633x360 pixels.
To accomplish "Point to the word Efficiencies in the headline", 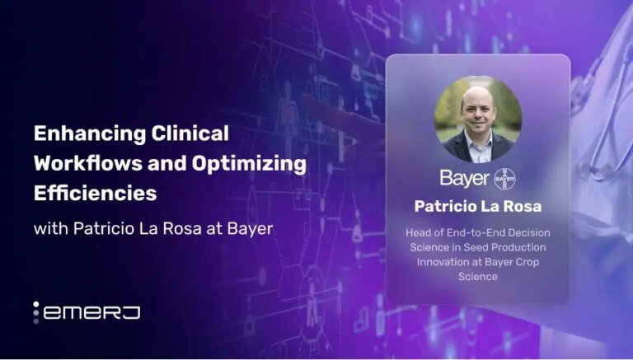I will [x=95, y=194].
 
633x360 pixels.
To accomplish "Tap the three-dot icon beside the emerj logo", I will [x=36, y=312].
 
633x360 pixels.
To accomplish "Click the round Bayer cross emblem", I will [x=505, y=179].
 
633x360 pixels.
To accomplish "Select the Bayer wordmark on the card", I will [x=466, y=179].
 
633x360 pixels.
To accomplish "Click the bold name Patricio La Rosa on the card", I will [x=477, y=205].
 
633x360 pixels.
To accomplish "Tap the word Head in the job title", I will [x=420, y=233].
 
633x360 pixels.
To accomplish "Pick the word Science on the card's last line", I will [x=478, y=277].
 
